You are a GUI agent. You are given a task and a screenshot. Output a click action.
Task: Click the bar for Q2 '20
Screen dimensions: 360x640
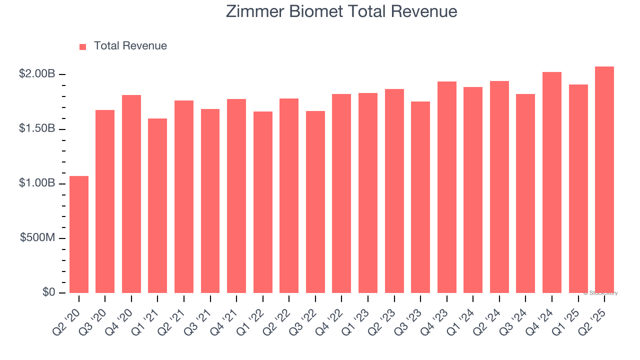point(79,234)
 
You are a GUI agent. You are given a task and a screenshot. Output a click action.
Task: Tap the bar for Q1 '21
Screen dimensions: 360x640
point(157,205)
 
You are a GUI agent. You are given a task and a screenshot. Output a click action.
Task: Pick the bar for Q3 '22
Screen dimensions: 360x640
point(315,202)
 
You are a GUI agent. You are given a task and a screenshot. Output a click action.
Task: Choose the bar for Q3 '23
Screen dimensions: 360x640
point(420,197)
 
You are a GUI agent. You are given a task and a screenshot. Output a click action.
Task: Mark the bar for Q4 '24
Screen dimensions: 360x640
point(552,182)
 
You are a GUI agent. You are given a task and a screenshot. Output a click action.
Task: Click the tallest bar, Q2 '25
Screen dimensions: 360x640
point(604,179)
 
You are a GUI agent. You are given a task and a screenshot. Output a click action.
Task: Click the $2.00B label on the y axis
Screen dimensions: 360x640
point(37,74)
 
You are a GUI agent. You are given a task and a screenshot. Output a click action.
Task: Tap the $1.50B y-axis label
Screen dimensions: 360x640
point(37,128)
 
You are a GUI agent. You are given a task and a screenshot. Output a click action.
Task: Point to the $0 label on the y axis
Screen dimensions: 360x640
point(48,292)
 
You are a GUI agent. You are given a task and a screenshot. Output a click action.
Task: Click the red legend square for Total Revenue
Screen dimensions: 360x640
point(83,46)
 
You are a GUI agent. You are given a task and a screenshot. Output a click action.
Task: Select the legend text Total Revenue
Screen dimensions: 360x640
point(130,46)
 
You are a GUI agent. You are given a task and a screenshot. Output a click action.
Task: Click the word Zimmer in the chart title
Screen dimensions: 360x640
point(254,11)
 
